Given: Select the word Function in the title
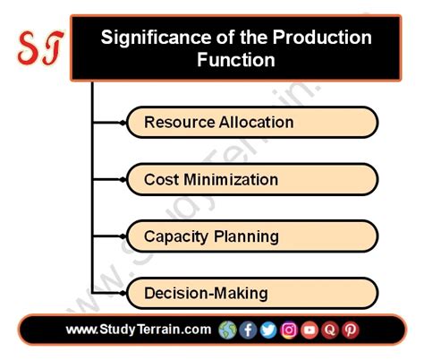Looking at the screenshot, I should (236, 61).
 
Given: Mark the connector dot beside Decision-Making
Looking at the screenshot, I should (123, 293).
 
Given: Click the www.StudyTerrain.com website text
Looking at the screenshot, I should (138, 330).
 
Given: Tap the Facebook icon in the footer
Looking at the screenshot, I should (248, 330).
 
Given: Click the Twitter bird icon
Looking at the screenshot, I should (268, 330).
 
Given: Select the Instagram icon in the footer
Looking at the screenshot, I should (289, 330).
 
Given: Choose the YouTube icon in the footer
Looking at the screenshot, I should (310, 330).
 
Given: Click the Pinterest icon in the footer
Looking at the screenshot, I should (351, 330).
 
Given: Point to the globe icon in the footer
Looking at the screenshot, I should (227, 330).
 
